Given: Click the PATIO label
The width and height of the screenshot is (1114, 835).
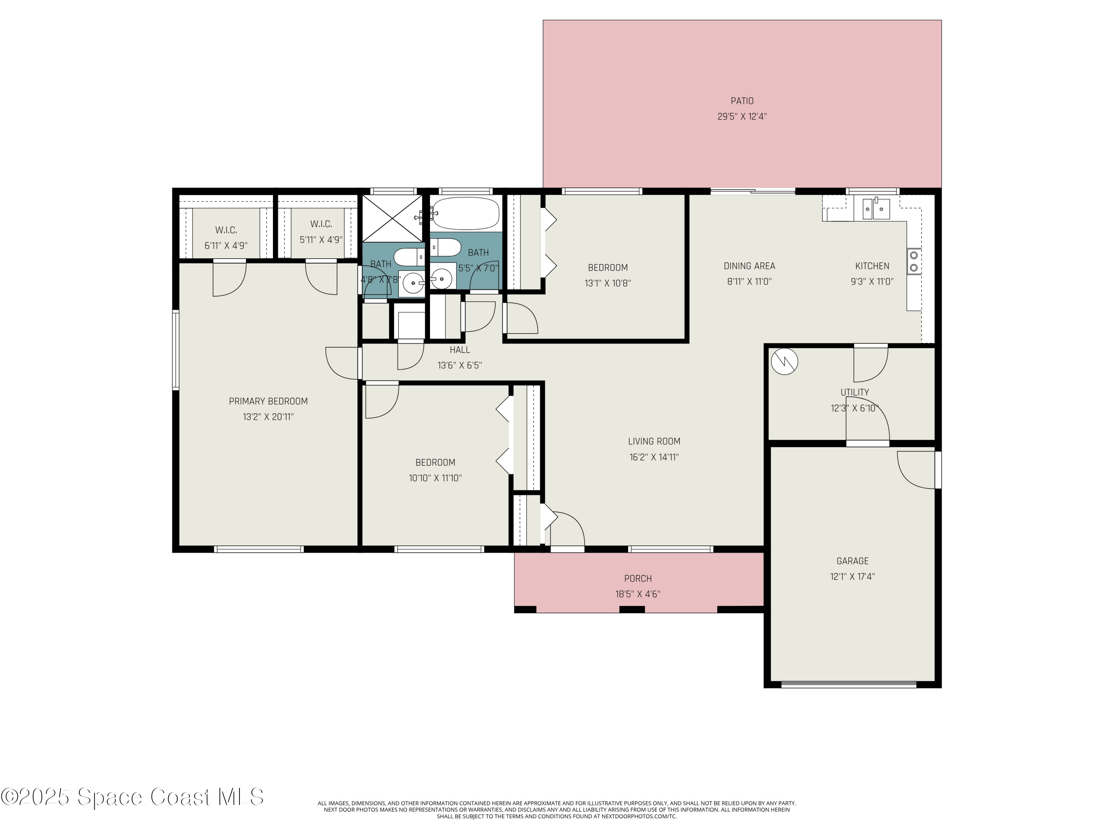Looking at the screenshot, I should click(x=742, y=101).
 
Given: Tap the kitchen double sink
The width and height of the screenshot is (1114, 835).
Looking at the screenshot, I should click(x=876, y=209).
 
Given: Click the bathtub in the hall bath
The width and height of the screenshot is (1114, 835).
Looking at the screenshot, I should click(x=465, y=213).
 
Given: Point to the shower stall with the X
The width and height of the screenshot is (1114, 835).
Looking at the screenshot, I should click(x=392, y=218).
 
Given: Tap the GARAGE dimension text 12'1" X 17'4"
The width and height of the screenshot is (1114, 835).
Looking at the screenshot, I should click(x=852, y=576).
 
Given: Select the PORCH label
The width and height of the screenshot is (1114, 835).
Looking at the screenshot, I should click(x=638, y=578).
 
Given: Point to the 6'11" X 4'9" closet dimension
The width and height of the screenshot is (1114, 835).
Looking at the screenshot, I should click(x=226, y=246).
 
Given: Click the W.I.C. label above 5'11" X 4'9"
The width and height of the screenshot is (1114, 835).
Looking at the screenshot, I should click(x=321, y=224).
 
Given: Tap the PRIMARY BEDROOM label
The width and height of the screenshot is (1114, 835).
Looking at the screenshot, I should click(x=268, y=401).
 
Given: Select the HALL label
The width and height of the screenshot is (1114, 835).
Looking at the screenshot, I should click(x=459, y=350).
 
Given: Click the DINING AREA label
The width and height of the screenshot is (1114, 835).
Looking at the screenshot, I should click(x=749, y=266).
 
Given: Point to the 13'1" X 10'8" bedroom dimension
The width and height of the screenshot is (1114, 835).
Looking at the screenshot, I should click(x=608, y=283).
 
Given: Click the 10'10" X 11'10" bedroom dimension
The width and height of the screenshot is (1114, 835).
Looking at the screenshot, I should click(x=435, y=478).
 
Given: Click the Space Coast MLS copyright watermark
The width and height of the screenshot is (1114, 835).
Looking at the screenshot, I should click(x=132, y=797).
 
